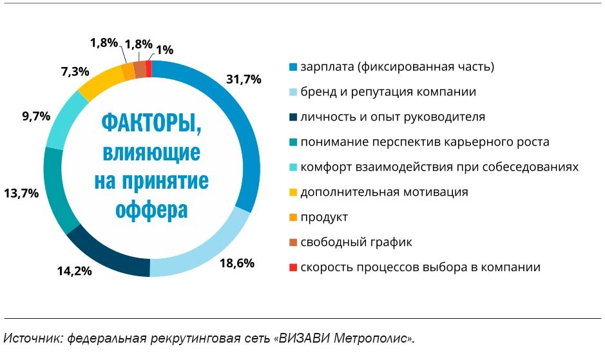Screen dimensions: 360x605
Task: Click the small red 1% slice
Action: point(149,68)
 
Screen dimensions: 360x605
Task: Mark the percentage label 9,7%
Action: point(26,117)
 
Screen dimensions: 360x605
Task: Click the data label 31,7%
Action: point(244,79)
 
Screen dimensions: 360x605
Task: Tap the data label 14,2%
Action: point(75,270)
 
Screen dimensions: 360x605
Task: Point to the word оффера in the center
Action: point(151,209)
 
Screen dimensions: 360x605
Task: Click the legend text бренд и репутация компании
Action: point(389,91)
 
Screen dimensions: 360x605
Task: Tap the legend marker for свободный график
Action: point(294,242)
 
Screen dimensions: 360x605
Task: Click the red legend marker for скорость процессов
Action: point(294,267)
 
